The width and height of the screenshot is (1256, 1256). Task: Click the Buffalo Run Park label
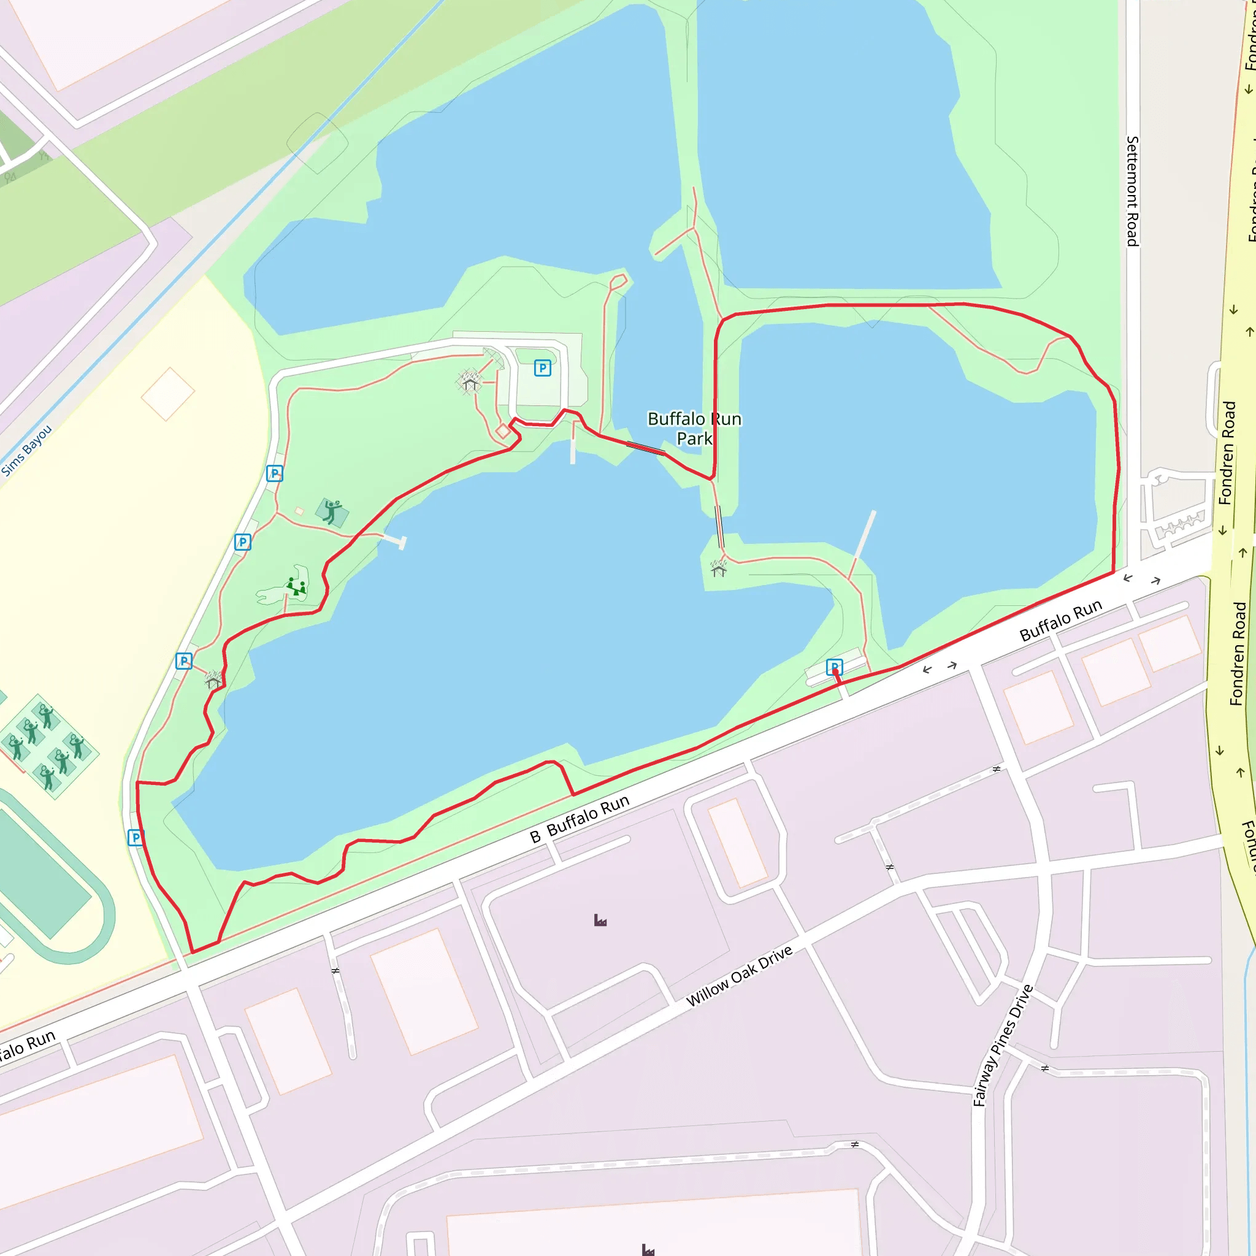tap(694, 429)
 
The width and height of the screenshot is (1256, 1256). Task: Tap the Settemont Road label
tap(1132, 191)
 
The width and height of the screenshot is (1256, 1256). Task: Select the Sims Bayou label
tap(26, 451)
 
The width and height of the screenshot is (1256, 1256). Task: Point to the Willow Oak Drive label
tap(739, 976)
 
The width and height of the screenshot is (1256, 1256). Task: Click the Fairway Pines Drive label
tap(1003, 1046)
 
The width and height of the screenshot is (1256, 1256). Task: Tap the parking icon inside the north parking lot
tap(542, 368)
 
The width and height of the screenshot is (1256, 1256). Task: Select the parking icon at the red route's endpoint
tap(834, 667)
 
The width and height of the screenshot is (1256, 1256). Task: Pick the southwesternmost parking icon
tap(135, 837)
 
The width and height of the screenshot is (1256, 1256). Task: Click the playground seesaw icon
tap(296, 587)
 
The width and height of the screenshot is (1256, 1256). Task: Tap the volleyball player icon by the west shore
tap(332, 511)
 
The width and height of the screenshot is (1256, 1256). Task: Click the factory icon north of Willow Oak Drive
tap(600, 920)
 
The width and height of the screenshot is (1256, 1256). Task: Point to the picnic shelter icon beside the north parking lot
tap(469, 381)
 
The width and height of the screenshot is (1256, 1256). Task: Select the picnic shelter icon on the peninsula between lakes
tap(718, 569)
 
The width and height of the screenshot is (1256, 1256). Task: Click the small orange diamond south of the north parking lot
tap(502, 431)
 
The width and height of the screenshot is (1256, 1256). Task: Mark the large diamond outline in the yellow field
tap(167, 394)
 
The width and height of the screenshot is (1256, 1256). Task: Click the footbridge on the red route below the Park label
tap(645, 447)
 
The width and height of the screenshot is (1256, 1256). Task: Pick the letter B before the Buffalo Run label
tap(535, 837)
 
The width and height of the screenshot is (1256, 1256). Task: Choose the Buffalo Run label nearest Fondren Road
tap(1060, 620)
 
